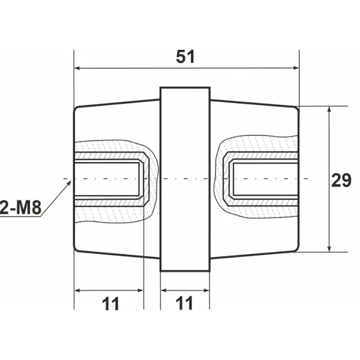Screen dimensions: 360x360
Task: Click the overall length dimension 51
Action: pyautogui.click(x=186, y=56)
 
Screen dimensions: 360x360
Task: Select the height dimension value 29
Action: pyautogui.click(x=341, y=179)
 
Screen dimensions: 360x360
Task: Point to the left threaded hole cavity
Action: pyautogui.click(x=108, y=179)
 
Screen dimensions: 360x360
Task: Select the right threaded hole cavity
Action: pyautogui.click(x=264, y=179)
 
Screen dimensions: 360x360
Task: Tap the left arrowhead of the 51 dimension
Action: pyautogui.click(x=77, y=68)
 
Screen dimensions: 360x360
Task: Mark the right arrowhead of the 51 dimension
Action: pyautogui.click(x=295, y=68)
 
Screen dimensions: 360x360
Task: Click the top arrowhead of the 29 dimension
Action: pyautogui.click(x=329, y=111)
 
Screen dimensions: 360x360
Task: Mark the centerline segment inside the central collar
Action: pyautogui.click(x=185, y=179)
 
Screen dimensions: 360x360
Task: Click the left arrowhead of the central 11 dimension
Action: pyautogui.click(x=164, y=290)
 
